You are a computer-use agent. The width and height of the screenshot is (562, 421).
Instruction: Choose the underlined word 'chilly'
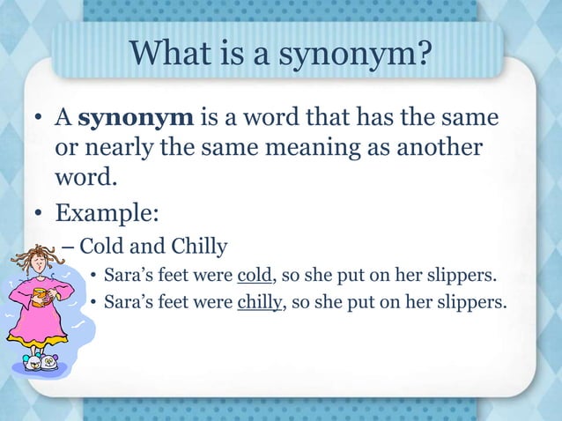[258, 304]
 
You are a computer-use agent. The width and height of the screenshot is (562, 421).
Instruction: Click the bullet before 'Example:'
[40, 212]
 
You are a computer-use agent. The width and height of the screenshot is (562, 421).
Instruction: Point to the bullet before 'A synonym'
[40, 118]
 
